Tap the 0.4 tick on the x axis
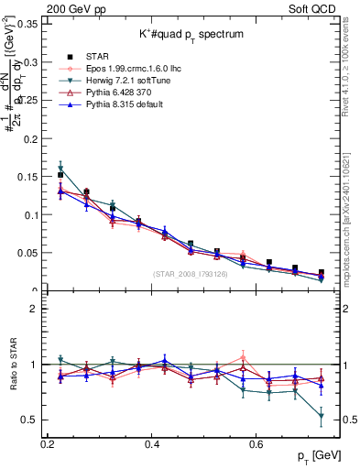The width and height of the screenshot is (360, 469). [152, 444]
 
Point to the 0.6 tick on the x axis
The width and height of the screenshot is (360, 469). [256, 444]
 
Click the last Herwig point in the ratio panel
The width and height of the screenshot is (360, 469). [321, 417]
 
